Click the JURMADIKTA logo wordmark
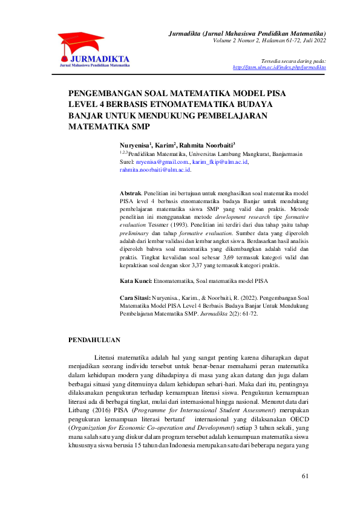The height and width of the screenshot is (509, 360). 99,59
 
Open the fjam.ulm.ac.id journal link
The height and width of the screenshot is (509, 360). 279,67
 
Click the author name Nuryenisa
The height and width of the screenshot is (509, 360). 135,146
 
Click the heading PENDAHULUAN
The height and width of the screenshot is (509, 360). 94,340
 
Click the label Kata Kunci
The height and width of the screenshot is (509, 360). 136,282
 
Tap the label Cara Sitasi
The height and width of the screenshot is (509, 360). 137,298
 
